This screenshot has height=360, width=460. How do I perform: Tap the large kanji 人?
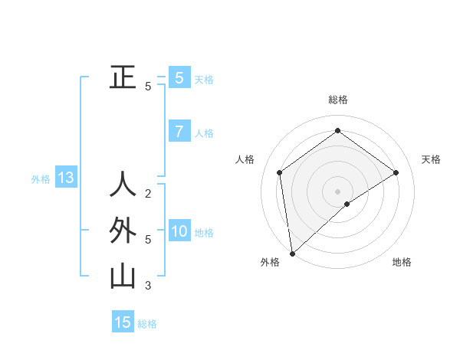(x=123, y=185)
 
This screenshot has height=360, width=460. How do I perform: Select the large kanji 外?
(x=123, y=231)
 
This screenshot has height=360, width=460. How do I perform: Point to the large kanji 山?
(x=123, y=277)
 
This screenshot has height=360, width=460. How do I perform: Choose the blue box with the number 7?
(x=179, y=132)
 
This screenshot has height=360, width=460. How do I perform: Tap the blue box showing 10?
(x=179, y=231)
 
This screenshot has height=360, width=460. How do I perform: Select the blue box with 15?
(x=123, y=322)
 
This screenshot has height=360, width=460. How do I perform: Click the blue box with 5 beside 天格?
(x=179, y=78)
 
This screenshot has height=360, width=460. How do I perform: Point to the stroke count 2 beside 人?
(x=148, y=193)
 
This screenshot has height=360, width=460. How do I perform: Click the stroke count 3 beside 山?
(x=148, y=286)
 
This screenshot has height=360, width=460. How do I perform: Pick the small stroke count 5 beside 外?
(x=148, y=240)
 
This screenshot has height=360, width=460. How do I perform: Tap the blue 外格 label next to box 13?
(x=41, y=179)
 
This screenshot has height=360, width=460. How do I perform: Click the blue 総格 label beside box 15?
(x=147, y=324)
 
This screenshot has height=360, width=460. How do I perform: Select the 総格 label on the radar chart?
(x=337, y=100)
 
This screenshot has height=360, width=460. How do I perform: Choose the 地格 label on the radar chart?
(x=402, y=262)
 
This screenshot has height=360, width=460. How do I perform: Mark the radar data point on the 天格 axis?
(x=396, y=172)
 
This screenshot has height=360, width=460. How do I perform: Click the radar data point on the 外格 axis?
(x=291, y=254)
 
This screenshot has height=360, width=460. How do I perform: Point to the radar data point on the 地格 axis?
(x=347, y=204)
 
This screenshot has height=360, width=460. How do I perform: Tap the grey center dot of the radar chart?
(x=337, y=191)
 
